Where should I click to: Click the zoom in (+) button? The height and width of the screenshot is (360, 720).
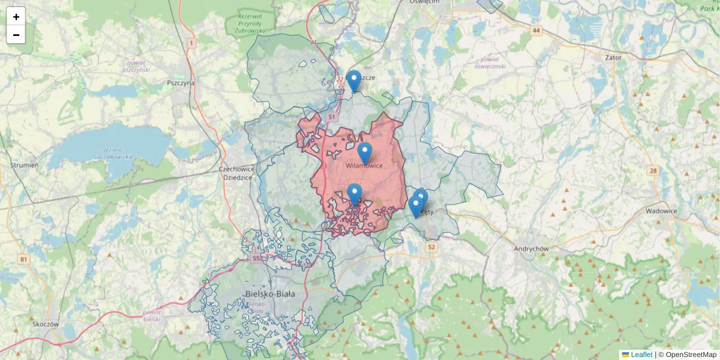pyautogui.click(x=16, y=16)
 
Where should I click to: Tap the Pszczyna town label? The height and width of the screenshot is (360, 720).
pyautogui.click(x=181, y=83)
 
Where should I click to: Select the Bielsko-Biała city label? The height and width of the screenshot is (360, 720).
pyautogui.click(x=270, y=293)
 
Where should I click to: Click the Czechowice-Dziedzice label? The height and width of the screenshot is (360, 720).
pyautogui.click(x=239, y=173)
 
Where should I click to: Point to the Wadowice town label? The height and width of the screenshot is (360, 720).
pyautogui.click(x=661, y=211)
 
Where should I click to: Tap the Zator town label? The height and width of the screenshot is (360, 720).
pyautogui.click(x=614, y=58)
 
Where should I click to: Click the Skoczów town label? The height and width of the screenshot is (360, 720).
pyautogui.click(x=46, y=324)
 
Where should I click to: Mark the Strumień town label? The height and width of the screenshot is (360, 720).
pyautogui.click(x=25, y=165)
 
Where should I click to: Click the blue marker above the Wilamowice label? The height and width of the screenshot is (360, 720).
pyautogui.click(x=365, y=152)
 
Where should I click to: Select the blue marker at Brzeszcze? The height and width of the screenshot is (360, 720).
pyautogui.click(x=354, y=80)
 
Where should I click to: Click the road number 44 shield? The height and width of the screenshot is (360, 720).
pyautogui.click(x=536, y=30)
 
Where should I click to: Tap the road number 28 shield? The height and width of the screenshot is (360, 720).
pyautogui.click(x=653, y=171)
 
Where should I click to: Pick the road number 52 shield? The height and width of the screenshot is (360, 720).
pyautogui.click(x=431, y=247)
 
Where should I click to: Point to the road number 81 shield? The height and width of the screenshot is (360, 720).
pyautogui.click(x=23, y=259)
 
